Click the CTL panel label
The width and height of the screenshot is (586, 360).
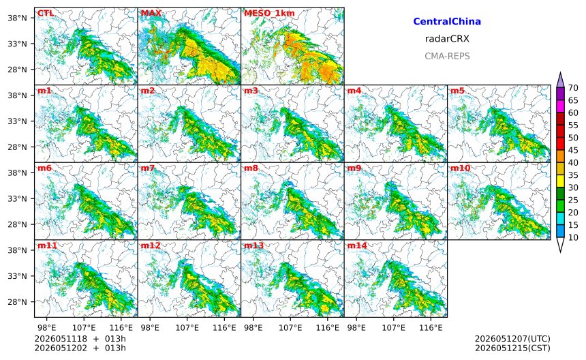click(x=46, y=13)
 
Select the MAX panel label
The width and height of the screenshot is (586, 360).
click(x=151, y=13)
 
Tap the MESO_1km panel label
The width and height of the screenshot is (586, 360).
click(x=269, y=14)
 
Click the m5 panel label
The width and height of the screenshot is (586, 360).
click(x=457, y=91)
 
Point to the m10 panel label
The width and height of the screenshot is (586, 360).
click(x=460, y=168)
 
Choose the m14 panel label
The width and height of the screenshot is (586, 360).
click(x=357, y=245)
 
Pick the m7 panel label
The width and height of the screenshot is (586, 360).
click(x=148, y=168)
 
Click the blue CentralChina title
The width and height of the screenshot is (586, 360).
click(x=447, y=21)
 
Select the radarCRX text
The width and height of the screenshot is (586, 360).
click(x=447, y=38)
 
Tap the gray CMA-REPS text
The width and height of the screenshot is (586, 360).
click(x=447, y=56)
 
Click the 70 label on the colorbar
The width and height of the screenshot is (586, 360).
click(x=573, y=88)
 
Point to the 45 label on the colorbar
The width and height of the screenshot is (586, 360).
click(x=573, y=150)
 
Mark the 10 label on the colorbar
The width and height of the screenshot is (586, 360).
click(x=573, y=237)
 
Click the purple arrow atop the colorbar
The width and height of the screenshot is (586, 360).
click(x=560, y=80)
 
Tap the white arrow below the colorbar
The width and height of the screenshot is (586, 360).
click(x=560, y=245)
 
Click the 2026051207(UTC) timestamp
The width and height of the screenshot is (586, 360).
click(x=512, y=339)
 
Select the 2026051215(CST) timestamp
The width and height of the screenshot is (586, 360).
click(x=512, y=348)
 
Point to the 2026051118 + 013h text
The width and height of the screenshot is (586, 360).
click(x=80, y=339)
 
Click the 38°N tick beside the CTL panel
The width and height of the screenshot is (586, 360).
click(x=18, y=18)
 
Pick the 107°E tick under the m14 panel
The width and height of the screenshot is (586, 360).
click(x=394, y=328)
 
